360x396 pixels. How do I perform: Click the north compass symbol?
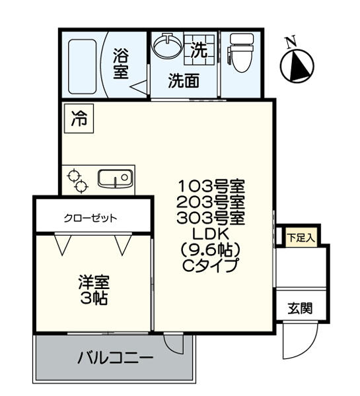coord(297,63)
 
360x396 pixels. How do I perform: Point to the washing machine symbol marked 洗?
coord(199,49)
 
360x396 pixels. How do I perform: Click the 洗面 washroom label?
coord(183,81)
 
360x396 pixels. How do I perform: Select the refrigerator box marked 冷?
coord(79,119)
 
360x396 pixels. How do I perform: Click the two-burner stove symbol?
coord(77,181)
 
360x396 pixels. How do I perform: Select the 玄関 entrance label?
coord(299,308)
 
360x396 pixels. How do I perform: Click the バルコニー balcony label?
coord(116,358)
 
